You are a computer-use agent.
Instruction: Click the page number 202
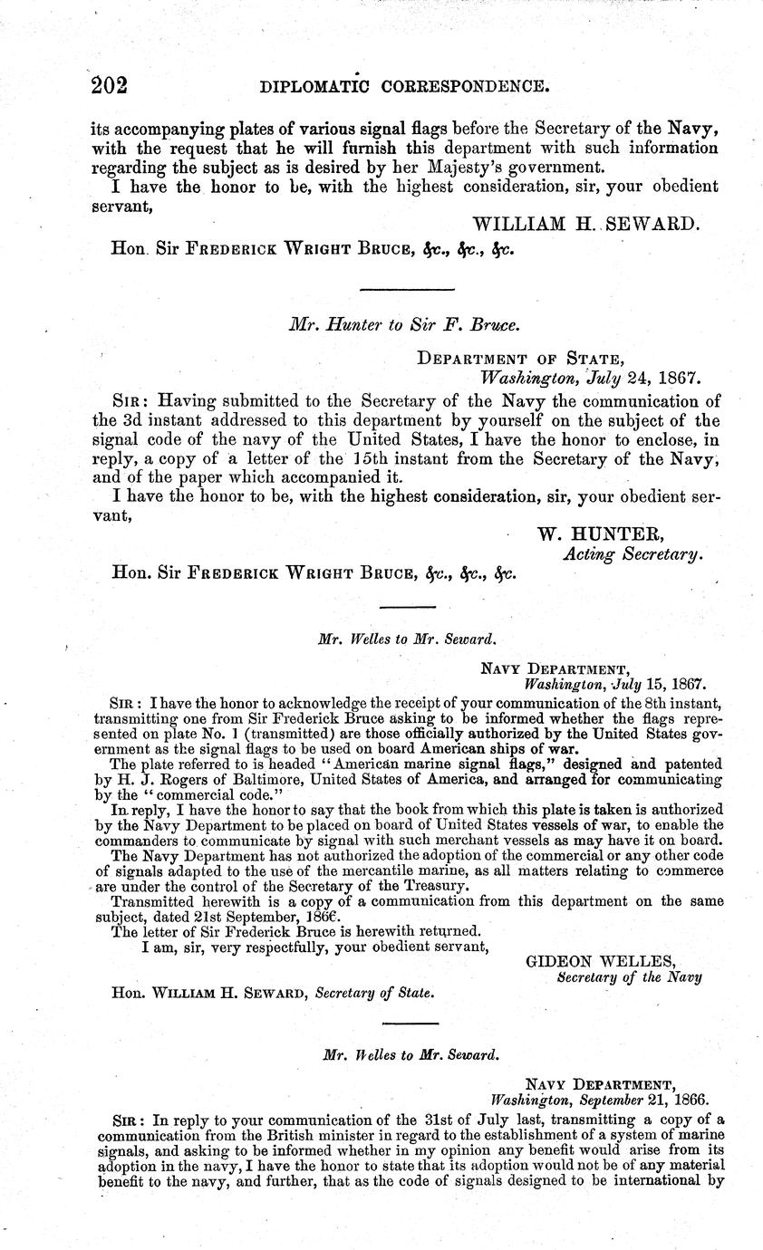pos(110,85)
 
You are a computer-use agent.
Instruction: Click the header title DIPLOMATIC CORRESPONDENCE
pos(404,87)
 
